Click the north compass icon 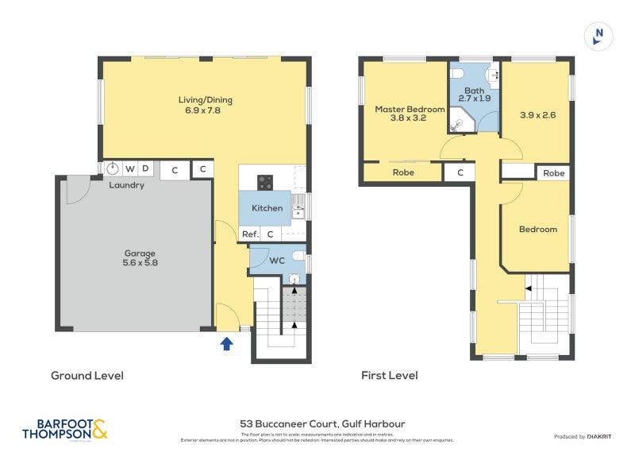[598, 36]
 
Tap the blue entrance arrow [226, 344]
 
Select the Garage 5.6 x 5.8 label [140, 258]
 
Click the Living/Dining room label [205, 106]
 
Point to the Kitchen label [267, 208]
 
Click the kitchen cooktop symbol [265, 183]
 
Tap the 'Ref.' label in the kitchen [250, 234]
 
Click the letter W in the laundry [129, 168]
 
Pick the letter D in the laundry [145, 168]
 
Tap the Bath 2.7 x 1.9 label [474, 93]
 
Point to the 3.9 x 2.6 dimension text [537, 114]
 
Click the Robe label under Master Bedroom [402, 172]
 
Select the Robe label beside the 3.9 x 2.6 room [553, 172]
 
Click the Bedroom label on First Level [537, 230]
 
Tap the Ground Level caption [87, 375]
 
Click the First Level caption [389, 375]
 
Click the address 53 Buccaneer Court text [322, 424]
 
